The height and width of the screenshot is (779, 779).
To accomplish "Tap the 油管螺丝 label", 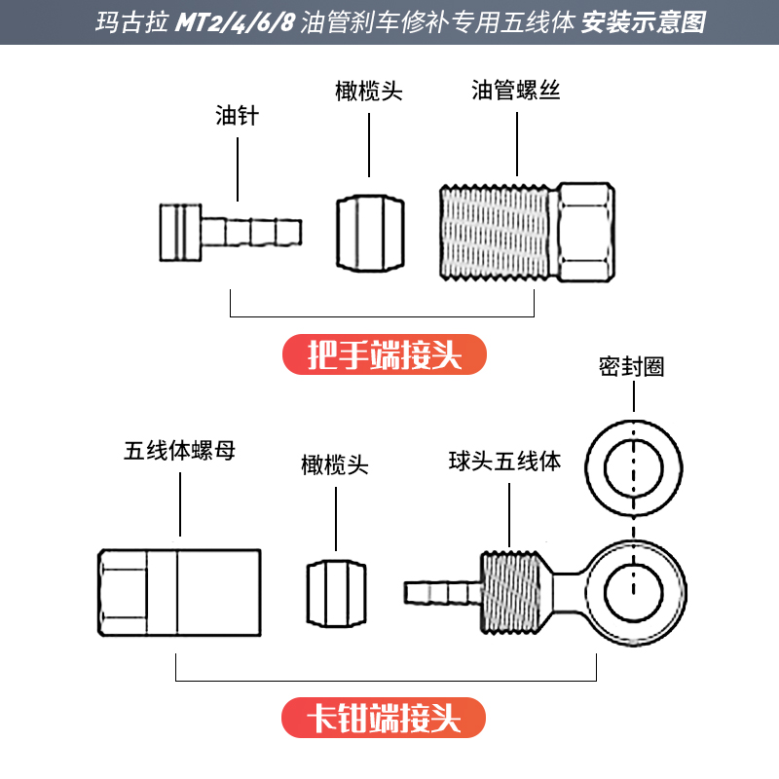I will (x=516, y=92).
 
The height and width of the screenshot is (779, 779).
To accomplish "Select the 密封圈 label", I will (x=632, y=366).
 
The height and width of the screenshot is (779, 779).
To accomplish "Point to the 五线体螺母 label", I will (x=180, y=452).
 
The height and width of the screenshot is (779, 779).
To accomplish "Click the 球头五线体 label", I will (x=505, y=461).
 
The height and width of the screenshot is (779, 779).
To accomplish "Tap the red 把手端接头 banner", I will (x=384, y=356).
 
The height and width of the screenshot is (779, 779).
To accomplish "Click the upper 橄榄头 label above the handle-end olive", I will (x=369, y=92).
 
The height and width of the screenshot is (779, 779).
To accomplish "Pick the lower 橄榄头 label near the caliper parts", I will (x=335, y=465).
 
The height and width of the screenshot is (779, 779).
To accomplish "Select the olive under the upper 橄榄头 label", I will (x=369, y=232).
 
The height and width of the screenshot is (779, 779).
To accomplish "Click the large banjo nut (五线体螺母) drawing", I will (x=179, y=592).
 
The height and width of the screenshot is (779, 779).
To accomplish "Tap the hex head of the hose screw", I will (x=583, y=232).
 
